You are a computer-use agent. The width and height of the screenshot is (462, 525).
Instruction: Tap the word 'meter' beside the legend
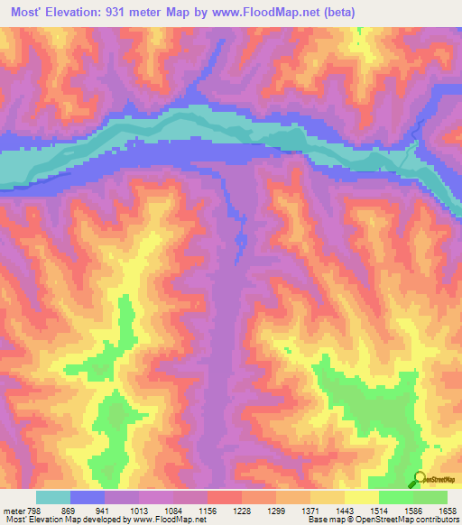[14, 511]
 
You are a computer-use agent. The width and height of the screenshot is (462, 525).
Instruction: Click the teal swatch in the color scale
[53, 497]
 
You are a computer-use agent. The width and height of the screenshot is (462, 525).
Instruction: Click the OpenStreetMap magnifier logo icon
[420, 479]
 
